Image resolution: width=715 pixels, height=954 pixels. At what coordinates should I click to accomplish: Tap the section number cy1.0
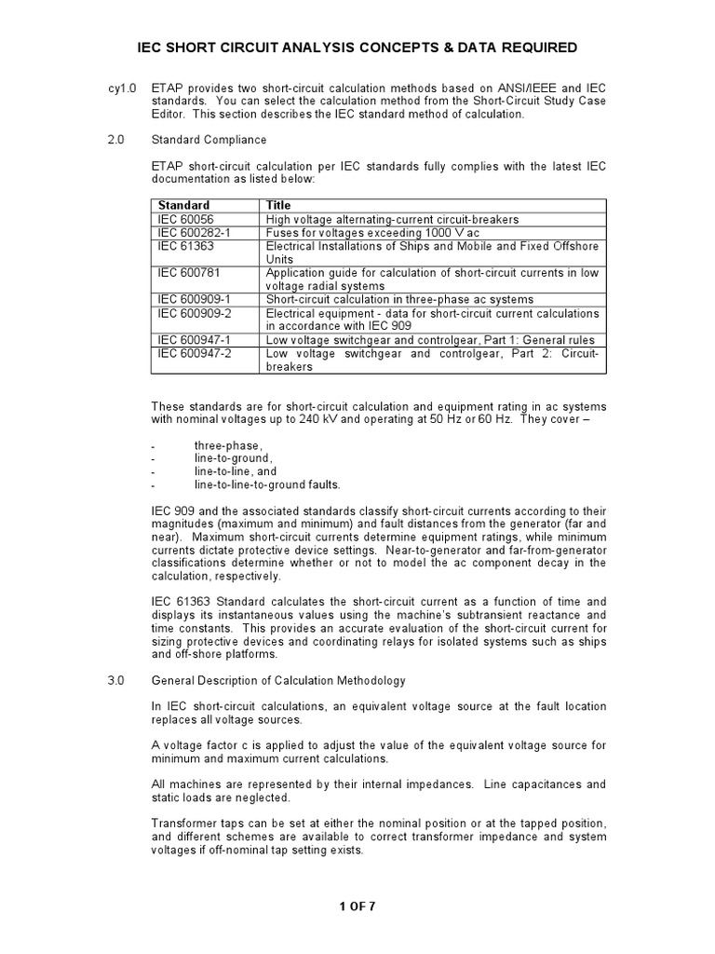[122, 88]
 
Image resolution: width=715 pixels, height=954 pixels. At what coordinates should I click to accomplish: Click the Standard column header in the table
[183, 205]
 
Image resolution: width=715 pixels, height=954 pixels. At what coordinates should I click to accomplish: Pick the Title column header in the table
[278, 205]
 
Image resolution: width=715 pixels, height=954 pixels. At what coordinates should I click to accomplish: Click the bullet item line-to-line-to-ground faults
[267, 484]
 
